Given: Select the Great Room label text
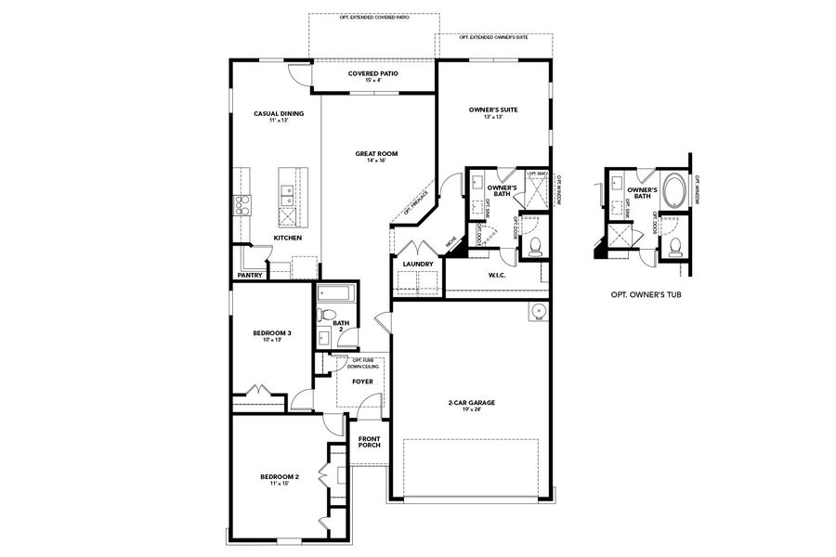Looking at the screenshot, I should [x=375, y=153].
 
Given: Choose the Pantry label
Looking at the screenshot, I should [x=250, y=275].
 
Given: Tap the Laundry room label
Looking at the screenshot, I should [x=417, y=264].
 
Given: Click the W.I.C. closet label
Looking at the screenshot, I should [x=496, y=275].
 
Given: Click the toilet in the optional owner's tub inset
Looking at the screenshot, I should [x=675, y=247].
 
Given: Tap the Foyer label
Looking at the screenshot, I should [x=362, y=382].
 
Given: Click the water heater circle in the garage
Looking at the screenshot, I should [x=536, y=312].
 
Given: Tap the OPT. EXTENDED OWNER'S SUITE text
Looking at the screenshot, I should [x=494, y=38].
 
